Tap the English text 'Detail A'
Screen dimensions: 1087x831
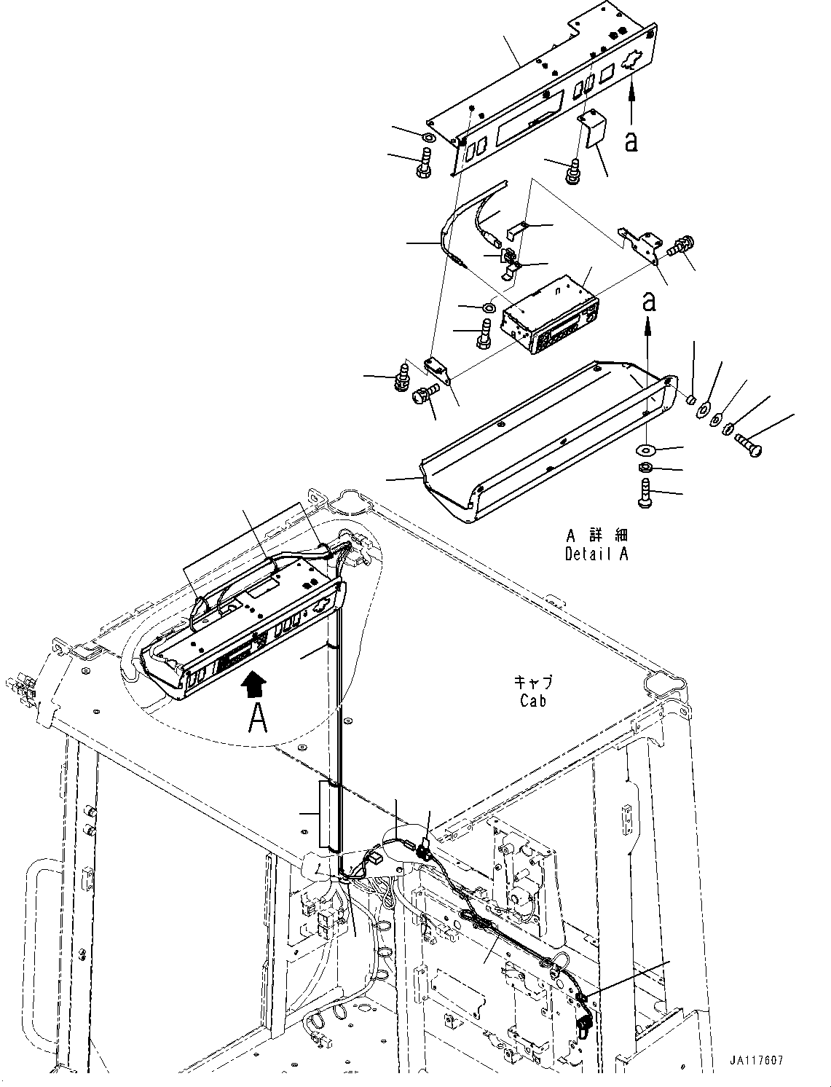(x=596, y=554)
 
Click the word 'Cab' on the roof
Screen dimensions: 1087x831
(x=533, y=700)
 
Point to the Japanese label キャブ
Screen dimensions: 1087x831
(x=533, y=683)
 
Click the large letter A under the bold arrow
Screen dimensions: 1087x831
(x=257, y=718)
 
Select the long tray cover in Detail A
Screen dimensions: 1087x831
(x=546, y=437)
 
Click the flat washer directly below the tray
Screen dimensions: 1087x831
(x=646, y=447)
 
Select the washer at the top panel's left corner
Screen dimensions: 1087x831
(x=429, y=137)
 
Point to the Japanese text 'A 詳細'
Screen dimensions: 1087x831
(x=596, y=535)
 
